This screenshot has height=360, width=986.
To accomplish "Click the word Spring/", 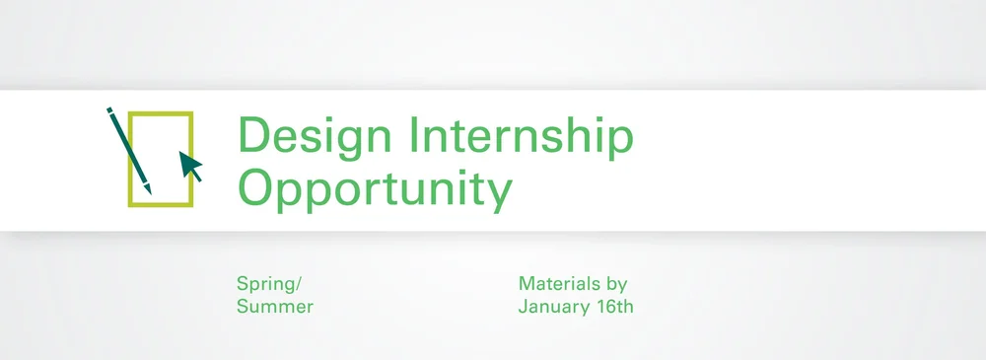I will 266,284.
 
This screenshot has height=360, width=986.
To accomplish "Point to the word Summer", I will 274,307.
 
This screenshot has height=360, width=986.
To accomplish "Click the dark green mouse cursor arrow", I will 190,167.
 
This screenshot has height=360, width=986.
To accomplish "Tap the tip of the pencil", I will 150,191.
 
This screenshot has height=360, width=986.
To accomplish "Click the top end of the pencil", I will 108,110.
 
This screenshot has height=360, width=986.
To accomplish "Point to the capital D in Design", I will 252,135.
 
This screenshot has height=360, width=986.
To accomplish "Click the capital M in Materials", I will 527,284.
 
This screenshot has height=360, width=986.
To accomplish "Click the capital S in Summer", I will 243,307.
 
